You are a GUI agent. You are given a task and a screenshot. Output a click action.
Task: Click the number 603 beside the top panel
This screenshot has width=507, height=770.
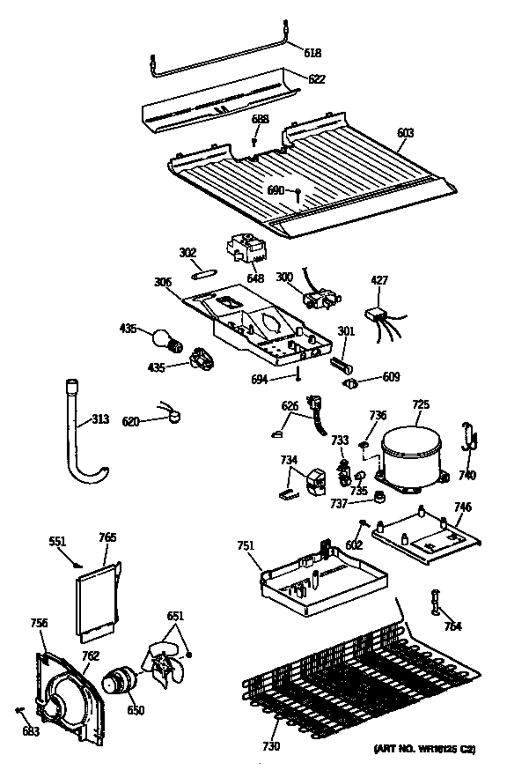(x=405, y=133)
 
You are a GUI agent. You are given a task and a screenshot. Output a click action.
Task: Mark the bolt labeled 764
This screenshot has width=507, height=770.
(x=435, y=603)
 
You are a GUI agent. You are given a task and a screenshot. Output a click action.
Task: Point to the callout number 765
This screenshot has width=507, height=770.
(x=108, y=537)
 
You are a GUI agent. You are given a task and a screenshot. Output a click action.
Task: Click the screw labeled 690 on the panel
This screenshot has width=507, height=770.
(x=299, y=193)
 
